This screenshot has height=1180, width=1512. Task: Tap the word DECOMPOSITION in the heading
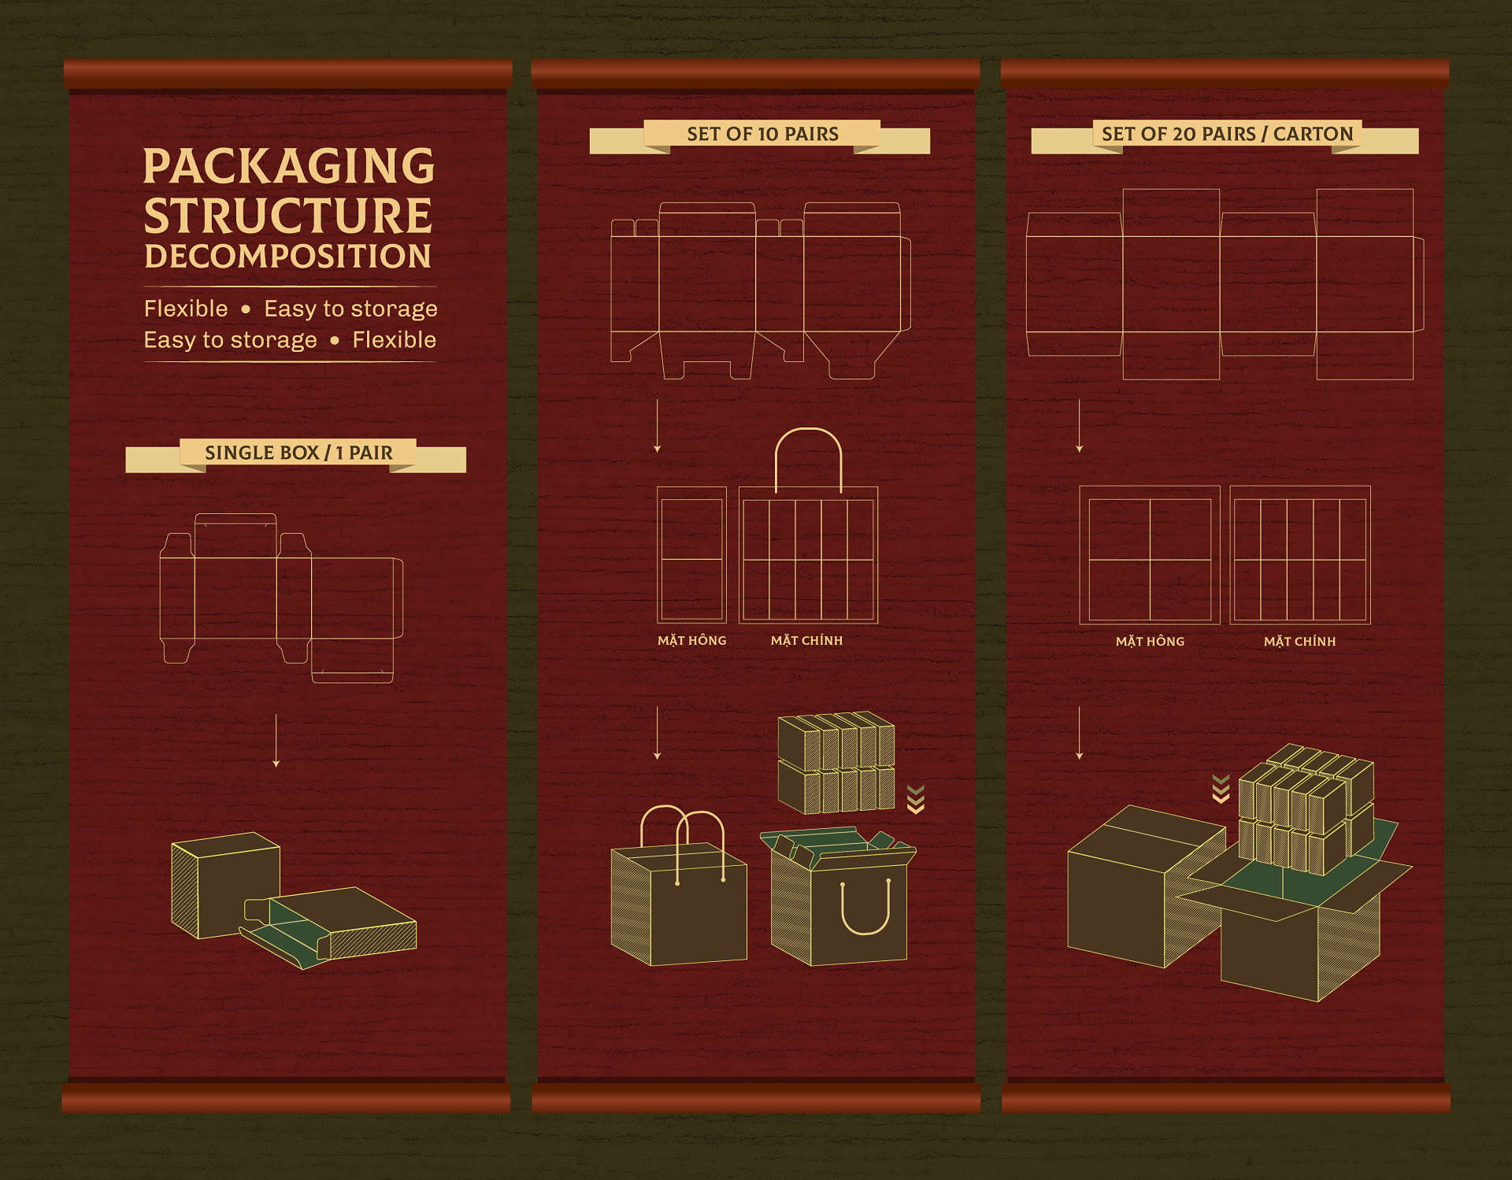pyautogui.click(x=288, y=257)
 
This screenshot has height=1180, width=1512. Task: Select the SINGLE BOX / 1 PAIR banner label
pyautogui.click(x=298, y=453)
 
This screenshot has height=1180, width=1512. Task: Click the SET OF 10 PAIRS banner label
pyautogui.click(x=762, y=134)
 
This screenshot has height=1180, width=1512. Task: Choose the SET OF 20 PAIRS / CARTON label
pyautogui.click(x=1227, y=134)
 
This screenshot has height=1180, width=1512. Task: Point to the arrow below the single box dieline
pyautogui.click(x=276, y=740)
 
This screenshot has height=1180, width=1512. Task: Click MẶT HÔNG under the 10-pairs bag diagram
pyautogui.click(x=692, y=640)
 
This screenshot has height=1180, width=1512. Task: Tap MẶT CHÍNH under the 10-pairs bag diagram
pyautogui.click(x=806, y=640)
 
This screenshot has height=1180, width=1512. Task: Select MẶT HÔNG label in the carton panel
pyautogui.click(x=1150, y=641)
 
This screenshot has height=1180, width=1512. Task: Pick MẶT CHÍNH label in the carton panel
pyautogui.click(x=1299, y=641)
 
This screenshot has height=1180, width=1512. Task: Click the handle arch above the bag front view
pyautogui.click(x=809, y=429)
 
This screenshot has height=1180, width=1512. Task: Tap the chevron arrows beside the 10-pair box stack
pyautogui.click(x=915, y=798)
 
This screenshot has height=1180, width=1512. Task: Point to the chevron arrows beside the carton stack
pyautogui.click(x=1221, y=788)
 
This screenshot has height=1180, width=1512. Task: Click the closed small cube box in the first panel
pyautogui.click(x=225, y=886)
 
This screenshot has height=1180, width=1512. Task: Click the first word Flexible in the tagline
pyautogui.click(x=186, y=309)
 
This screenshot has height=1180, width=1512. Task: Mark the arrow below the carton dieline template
pyautogui.click(x=1079, y=426)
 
